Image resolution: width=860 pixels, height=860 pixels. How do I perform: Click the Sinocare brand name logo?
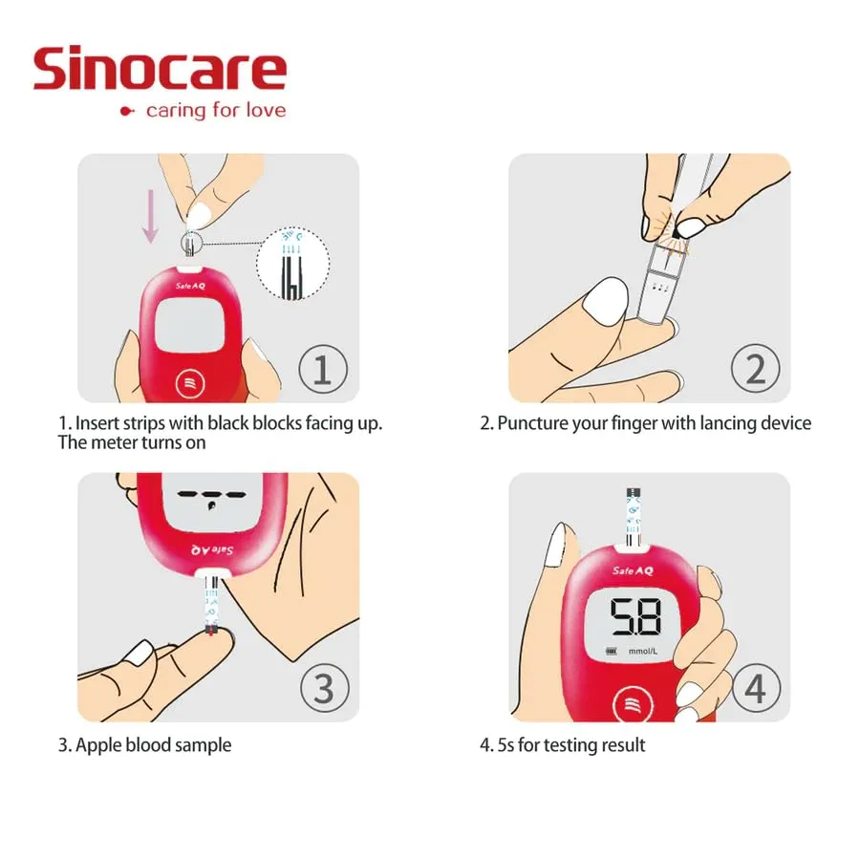160,69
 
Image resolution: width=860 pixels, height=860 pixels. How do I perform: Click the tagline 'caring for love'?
215,110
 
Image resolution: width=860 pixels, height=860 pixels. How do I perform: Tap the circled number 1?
323,370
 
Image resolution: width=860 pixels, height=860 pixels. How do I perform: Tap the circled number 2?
755,370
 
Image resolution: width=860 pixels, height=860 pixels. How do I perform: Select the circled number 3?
324,688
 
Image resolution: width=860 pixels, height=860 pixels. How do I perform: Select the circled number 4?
755,688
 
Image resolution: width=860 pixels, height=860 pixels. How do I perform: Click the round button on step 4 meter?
631,705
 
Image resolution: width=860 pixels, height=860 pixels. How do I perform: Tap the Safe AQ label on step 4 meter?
633,570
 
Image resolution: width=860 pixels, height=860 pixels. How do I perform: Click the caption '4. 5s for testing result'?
563,744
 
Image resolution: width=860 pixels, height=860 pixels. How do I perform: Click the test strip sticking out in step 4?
633,516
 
